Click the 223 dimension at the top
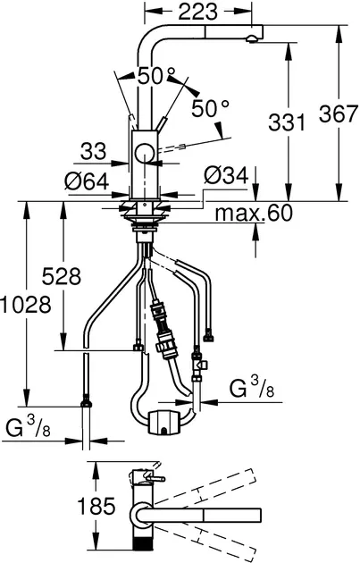(x=197, y=12)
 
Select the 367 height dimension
(x=339, y=114)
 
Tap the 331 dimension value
(x=287, y=122)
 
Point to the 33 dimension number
(x=93, y=151)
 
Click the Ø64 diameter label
(x=87, y=181)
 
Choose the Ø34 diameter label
(x=226, y=175)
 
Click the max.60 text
(x=254, y=214)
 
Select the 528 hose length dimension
(x=62, y=276)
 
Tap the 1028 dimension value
(x=26, y=305)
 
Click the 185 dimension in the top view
(x=96, y=507)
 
